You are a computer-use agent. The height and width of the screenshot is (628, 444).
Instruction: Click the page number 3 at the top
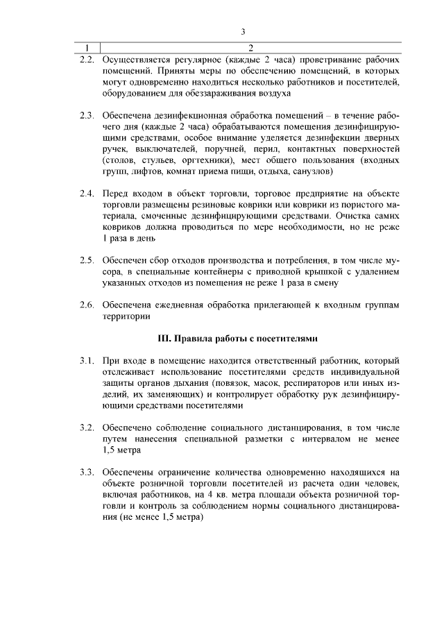coord(243,31)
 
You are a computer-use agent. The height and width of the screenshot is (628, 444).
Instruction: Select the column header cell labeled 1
coord(87,47)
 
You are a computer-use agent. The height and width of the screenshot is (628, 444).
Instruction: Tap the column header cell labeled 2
coord(250,47)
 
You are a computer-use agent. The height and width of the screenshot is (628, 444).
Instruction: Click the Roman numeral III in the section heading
coord(164,339)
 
